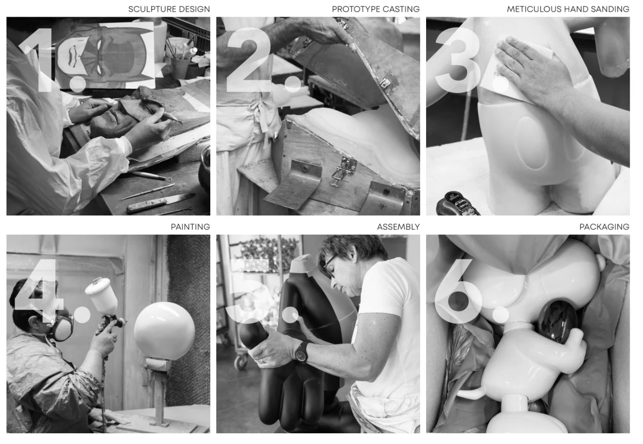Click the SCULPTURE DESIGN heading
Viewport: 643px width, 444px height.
pos(169,9)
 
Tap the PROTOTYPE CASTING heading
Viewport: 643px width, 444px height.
pos(376,9)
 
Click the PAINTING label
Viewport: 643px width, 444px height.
pos(190,227)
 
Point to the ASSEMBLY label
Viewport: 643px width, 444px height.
pos(398,227)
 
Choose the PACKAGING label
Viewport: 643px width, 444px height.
pos(604,227)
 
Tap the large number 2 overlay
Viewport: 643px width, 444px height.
pos(248,60)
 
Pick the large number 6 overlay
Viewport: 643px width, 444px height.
pos(459,291)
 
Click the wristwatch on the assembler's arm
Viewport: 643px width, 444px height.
pos(301,352)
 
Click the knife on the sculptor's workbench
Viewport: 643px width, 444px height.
pos(160,202)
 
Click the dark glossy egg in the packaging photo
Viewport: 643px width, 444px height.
pos(558,322)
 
